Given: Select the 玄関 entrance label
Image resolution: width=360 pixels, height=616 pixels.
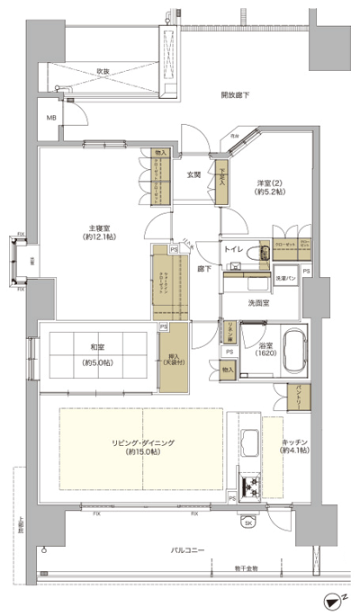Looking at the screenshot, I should pos(193,174).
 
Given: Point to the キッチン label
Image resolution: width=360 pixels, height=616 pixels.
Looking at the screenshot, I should pos(292,444).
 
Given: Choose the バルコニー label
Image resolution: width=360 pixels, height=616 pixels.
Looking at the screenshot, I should pos(187,549).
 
